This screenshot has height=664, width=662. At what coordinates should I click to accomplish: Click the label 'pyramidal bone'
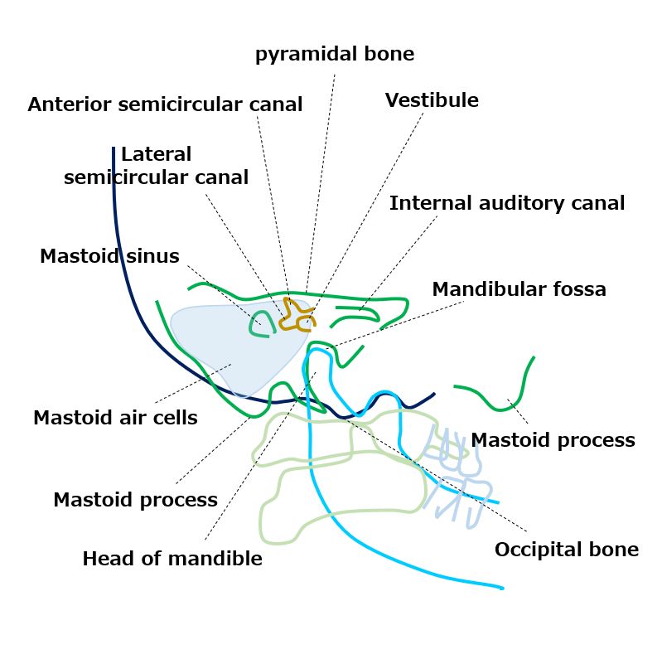334,55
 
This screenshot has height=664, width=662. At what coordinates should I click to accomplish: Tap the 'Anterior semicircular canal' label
165,105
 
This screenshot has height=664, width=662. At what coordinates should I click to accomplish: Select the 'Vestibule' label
432,101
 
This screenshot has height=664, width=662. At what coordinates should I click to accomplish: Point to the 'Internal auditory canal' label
507,203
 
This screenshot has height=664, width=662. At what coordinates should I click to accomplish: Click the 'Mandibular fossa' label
519,289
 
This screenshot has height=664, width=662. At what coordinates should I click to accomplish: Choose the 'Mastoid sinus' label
109,256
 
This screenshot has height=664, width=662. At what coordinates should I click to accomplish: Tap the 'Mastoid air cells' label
115,418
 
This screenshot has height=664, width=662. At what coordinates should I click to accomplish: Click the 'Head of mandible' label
172,559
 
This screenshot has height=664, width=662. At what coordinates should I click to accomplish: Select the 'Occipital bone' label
566,550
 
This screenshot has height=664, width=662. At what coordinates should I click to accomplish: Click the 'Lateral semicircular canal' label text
156,166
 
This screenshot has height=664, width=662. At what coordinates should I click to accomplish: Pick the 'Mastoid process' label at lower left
135,500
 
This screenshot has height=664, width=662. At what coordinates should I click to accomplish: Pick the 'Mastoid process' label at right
553,440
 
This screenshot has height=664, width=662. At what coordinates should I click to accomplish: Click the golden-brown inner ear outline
294,314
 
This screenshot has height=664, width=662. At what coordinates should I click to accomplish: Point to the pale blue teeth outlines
452,473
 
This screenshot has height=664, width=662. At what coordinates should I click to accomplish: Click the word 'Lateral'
156,154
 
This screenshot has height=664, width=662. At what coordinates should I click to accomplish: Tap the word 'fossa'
581,289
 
